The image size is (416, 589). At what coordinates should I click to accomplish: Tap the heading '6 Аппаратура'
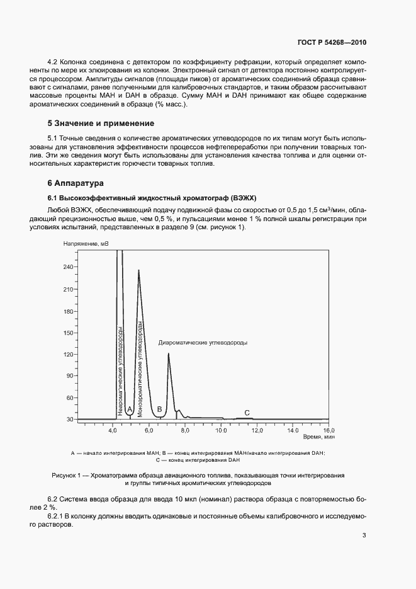(75, 183)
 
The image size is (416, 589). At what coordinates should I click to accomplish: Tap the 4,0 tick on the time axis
(113, 430)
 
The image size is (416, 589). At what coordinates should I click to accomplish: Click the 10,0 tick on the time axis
(221, 430)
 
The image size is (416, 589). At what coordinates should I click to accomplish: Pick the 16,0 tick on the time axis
(329, 430)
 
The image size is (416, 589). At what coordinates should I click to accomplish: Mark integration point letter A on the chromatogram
(130, 410)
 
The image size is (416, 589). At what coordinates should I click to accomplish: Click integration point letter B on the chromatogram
(160, 410)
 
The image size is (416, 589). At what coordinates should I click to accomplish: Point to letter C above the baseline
(247, 412)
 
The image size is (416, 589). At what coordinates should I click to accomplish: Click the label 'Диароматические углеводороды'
(203, 343)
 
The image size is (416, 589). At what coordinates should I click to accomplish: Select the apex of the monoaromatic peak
(138, 270)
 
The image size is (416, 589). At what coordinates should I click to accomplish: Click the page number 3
(364, 535)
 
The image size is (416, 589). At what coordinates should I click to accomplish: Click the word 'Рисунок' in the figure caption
(65, 474)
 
